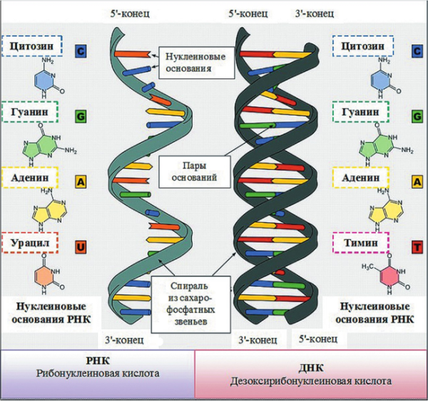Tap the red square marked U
pos(81,247)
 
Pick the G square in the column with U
pos(81,116)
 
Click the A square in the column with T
pos(415,181)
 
